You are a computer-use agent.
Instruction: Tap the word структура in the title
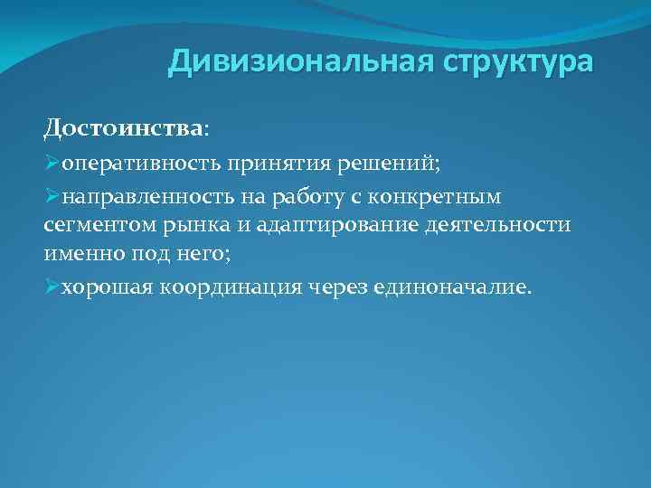(517, 63)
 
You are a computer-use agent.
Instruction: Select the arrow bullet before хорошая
(51, 286)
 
